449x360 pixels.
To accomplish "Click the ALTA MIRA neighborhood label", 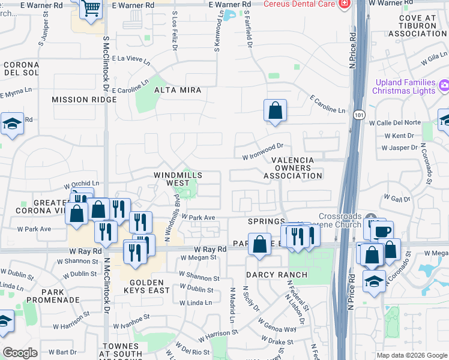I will pyautogui.click(x=177, y=90).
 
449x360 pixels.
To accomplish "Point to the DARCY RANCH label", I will pyautogui.click(x=277, y=275).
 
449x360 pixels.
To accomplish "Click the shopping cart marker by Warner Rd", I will pyautogui.click(x=90, y=9).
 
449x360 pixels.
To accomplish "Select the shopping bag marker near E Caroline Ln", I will pyautogui.click(x=274, y=110).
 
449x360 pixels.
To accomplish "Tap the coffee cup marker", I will pyautogui.click(x=382, y=231).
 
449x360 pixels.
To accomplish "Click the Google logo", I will pyautogui.click(x=20, y=353).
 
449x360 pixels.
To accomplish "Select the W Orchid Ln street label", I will pyautogui.click(x=82, y=184).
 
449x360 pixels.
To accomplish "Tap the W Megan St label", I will pyautogui.click(x=198, y=257).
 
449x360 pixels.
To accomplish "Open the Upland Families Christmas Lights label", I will pyautogui.click(x=403, y=86).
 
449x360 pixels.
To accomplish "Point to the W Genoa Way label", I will pyautogui.click(x=277, y=329).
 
